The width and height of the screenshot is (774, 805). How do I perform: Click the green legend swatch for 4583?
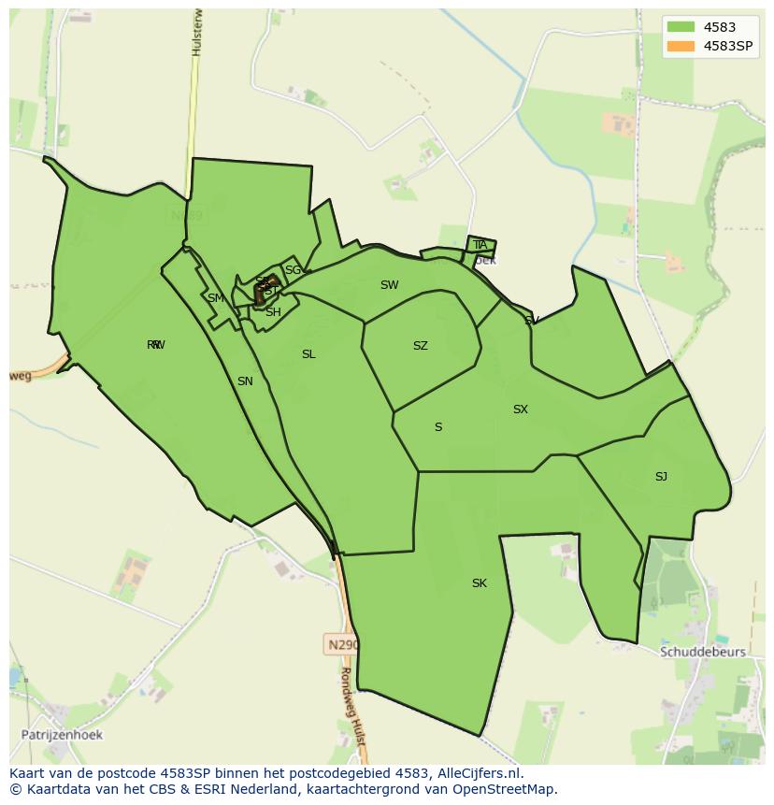point(681,27)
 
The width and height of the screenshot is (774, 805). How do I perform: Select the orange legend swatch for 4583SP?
point(681,46)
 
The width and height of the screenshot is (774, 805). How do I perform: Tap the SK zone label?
point(479,583)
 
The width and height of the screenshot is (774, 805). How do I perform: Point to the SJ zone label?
point(661,477)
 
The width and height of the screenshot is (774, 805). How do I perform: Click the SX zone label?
point(521,410)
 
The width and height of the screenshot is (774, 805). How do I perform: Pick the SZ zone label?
point(421,346)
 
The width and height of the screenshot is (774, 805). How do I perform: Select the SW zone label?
point(389,285)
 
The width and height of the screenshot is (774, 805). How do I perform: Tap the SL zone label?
point(308,354)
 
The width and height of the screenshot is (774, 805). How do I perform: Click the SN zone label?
point(245,381)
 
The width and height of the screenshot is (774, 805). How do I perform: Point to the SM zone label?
point(216,298)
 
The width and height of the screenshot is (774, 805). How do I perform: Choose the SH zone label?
point(273,312)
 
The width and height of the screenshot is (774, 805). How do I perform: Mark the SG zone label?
point(294,270)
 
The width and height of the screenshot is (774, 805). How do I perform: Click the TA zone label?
point(480,245)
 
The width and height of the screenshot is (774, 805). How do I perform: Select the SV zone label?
point(532,321)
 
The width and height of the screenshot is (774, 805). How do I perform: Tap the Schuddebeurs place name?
point(702,652)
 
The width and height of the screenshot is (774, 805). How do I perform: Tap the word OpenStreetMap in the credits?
point(509,789)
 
